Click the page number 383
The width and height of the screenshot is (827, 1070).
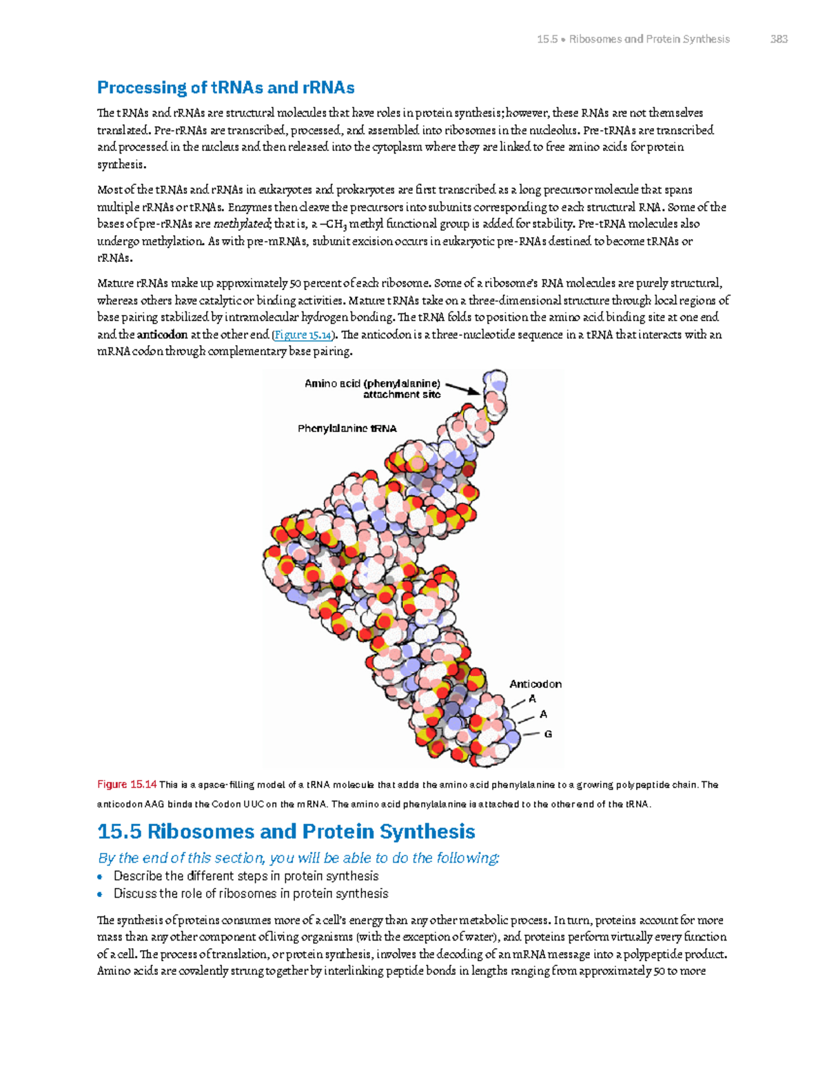(779, 39)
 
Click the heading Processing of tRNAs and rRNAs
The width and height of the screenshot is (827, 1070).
(225, 88)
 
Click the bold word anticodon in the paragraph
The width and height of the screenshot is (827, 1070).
(163, 335)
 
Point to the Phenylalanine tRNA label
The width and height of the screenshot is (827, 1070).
(347, 429)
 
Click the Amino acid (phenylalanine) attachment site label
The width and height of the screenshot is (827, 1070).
(373, 389)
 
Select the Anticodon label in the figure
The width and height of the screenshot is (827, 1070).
(535, 684)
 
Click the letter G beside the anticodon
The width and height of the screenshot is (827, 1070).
(548, 734)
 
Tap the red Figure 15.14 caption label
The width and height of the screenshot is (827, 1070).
(127, 785)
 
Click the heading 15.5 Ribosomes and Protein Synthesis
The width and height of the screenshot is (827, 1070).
(286, 832)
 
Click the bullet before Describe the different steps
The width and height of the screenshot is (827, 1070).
(101, 877)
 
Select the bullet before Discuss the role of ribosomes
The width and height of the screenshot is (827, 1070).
(101, 894)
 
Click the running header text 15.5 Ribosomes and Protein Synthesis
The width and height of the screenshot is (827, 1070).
(633, 39)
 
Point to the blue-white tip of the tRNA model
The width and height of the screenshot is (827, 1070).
(495, 381)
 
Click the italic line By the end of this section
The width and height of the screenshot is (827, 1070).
(298, 858)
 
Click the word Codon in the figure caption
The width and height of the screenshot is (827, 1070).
(226, 804)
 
